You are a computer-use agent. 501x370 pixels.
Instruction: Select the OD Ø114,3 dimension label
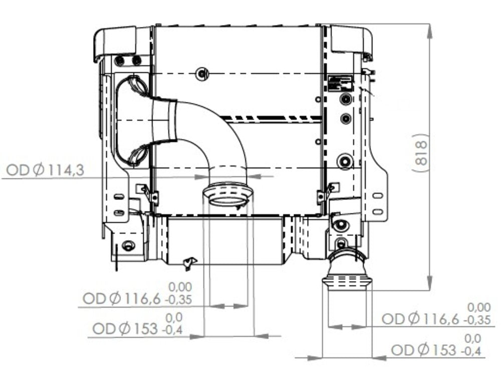pyautogui.click(x=45, y=170)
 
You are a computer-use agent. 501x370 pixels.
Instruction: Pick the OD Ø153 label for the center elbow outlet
pyautogui.click(x=126, y=329)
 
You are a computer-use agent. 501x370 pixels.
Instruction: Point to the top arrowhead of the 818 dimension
pyautogui.click(x=430, y=29)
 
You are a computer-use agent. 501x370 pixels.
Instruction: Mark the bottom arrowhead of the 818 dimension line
pyautogui.click(x=430, y=284)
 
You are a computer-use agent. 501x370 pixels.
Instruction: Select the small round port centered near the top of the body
pyautogui.click(x=201, y=73)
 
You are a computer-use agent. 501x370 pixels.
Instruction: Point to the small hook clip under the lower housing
pyautogui.click(x=190, y=262)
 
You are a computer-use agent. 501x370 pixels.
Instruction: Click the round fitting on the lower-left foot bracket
pyautogui.click(x=128, y=246)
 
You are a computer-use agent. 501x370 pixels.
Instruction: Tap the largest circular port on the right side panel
pyautogui.click(x=345, y=161)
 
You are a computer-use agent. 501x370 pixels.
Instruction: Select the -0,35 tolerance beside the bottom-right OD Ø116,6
pyautogui.click(x=477, y=319)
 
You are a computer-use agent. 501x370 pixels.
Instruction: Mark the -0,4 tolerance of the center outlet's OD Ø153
pyautogui.click(x=172, y=329)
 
